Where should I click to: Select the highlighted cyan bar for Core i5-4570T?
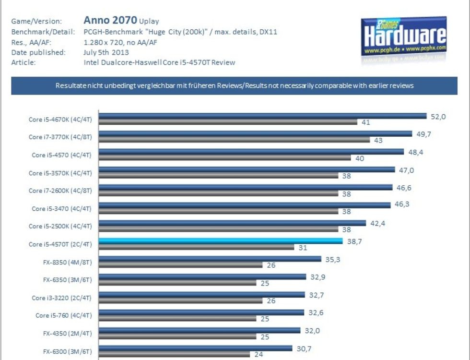220,241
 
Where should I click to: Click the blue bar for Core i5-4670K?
262,116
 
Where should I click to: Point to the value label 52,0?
438,116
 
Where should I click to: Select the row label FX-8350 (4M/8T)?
64,262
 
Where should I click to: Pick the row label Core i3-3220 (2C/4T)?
62,298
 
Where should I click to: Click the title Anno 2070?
110,20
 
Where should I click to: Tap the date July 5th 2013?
106,52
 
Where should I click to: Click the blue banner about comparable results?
235,86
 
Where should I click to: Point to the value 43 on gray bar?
378,140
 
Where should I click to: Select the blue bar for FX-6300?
195,348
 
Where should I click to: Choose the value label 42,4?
378,223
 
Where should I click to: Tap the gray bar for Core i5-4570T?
196,247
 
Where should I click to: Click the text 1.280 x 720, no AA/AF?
120,42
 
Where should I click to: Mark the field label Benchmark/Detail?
43,32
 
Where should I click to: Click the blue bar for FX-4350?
200,331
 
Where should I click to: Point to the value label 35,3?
333,259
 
